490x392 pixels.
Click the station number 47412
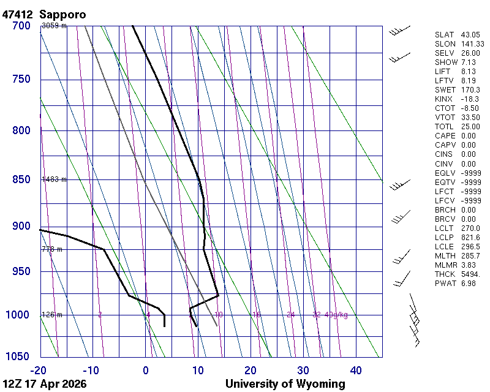click(x=18, y=14)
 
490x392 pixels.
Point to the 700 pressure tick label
click(x=21, y=26)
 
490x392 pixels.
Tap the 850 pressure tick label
click(x=21, y=179)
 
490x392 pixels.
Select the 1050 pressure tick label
click(x=18, y=357)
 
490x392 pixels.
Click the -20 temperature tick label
click(x=40, y=370)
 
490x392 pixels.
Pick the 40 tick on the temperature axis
click(x=356, y=370)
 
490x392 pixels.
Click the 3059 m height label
click(x=54, y=26)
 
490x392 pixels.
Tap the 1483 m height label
click(x=54, y=179)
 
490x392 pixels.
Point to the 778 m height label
click(x=52, y=249)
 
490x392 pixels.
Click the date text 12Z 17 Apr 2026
click(x=45, y=384)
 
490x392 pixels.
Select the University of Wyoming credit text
click(x=285, y=384)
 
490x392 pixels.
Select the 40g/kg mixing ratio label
click(x=337, y=315)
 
